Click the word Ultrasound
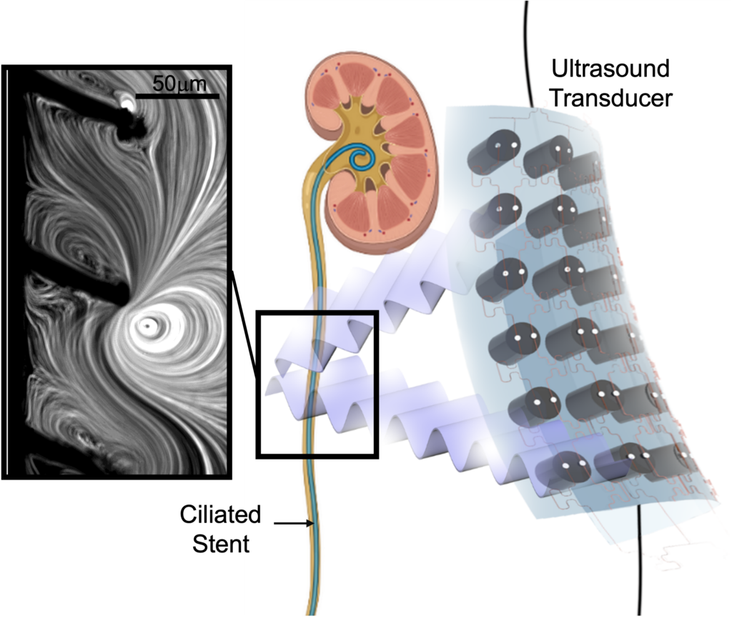[x=610, y=69]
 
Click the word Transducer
[x=611, y=98]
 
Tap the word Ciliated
[x=220, y=515]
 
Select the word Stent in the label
[x=221, y=544]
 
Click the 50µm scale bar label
[x=179, y=84]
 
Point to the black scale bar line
[x=177, y=96]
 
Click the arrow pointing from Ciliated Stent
[x=294, y=523]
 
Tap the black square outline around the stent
[x=257, y=384]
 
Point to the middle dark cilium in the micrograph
[x=74, y=280]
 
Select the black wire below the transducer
[x=640, y=560]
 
